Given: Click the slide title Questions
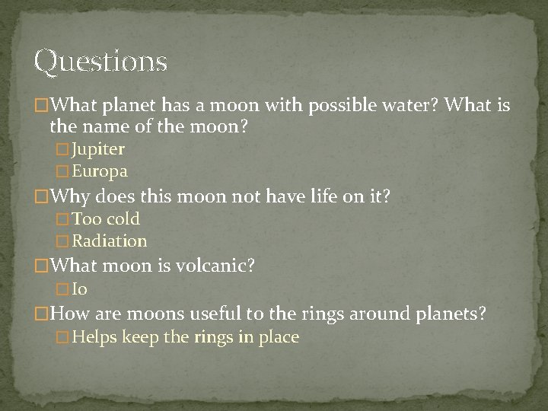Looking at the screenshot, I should tap(100, 62).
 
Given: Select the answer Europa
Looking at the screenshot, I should tap(100, 171).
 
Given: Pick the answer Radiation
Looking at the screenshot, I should tap(110, 241).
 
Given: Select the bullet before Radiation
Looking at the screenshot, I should tap(62, 242).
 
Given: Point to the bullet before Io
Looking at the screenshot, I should tap(62, 290).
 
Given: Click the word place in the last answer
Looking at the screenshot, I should tap(279, 337).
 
